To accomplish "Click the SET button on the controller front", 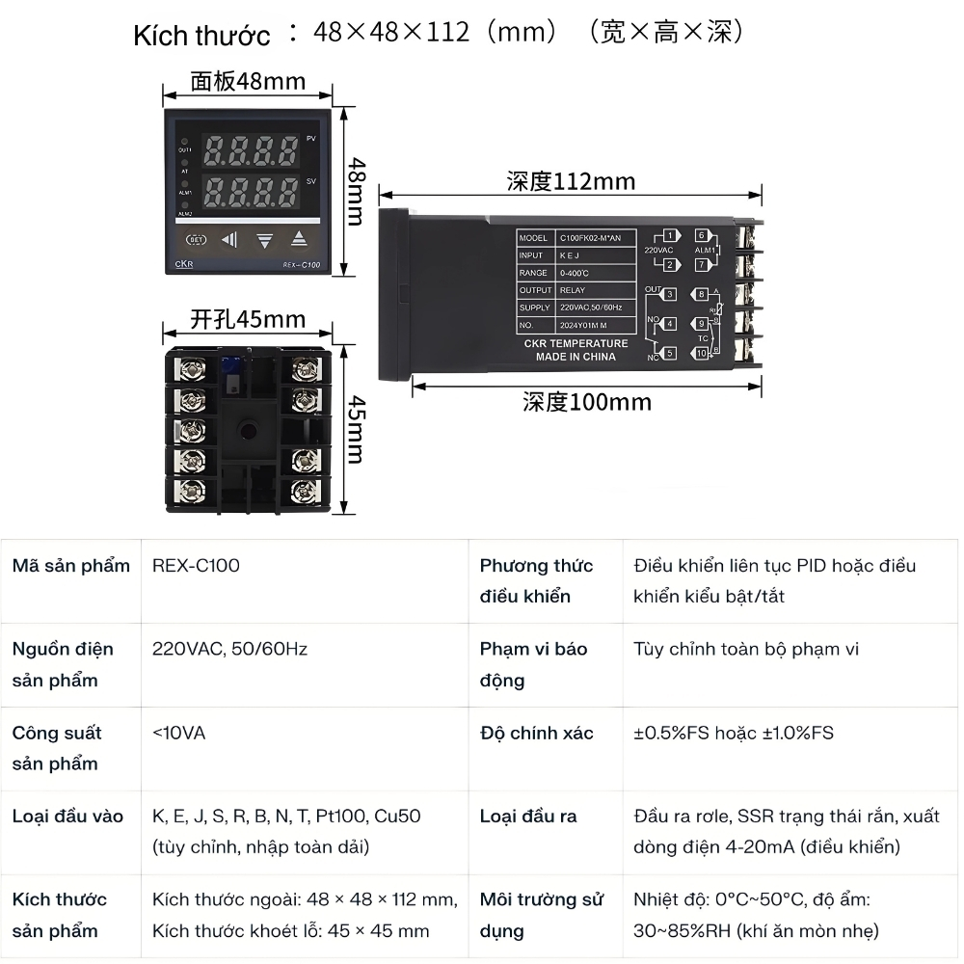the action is pos(195,239).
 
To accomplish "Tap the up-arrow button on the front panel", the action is pos(299,239).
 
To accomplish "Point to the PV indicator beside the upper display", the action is pos(310,139).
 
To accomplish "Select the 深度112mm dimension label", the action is pos(571,181).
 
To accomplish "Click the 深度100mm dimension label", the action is pos(586,401).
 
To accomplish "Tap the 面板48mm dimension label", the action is pos(248,81).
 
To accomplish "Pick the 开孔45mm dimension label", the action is pos(248,319).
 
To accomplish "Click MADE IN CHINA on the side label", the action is pos(576,357).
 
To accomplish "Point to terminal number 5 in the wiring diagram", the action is pos(669,354).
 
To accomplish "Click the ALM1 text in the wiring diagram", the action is pos(705,250).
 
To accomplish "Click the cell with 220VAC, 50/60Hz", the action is pos(229,649).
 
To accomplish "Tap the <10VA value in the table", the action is pos(178,733).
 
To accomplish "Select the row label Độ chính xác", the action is pos(536,733).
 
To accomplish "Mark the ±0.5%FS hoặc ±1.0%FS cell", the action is pos(733,733).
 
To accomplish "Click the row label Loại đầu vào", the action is pos(67,817).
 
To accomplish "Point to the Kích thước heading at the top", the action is pos(201,36).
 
